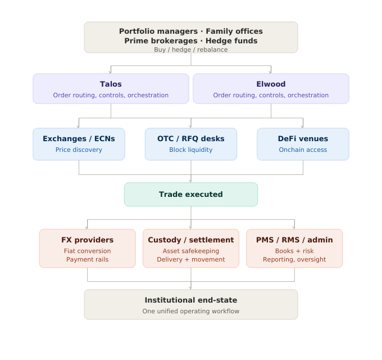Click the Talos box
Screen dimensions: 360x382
[111, 89]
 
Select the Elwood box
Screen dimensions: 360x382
[271, 89]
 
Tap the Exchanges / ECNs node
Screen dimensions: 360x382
[79, 144]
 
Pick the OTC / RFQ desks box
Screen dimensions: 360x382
[190, 144]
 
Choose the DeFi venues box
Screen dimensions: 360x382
[303, 144]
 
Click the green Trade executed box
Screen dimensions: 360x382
[190, 195]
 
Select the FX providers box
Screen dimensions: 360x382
[87, 248]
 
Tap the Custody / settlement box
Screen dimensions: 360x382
[190, 248]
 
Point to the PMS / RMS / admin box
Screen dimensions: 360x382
[294, 248]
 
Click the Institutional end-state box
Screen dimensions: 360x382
[190, 304]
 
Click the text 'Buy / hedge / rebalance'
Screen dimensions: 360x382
[190, 49]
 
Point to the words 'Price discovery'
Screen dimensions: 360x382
[79, 150]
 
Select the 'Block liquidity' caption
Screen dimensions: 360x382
[190, 150]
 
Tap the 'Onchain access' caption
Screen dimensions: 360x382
[303, 150]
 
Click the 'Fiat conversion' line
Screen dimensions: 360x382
[87, 251]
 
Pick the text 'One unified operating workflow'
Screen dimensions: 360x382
[190, 311]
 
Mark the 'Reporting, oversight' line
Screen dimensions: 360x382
[294, 259]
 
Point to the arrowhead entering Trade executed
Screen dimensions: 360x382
[190, 181]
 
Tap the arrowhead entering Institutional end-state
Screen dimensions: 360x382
[190, 288]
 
